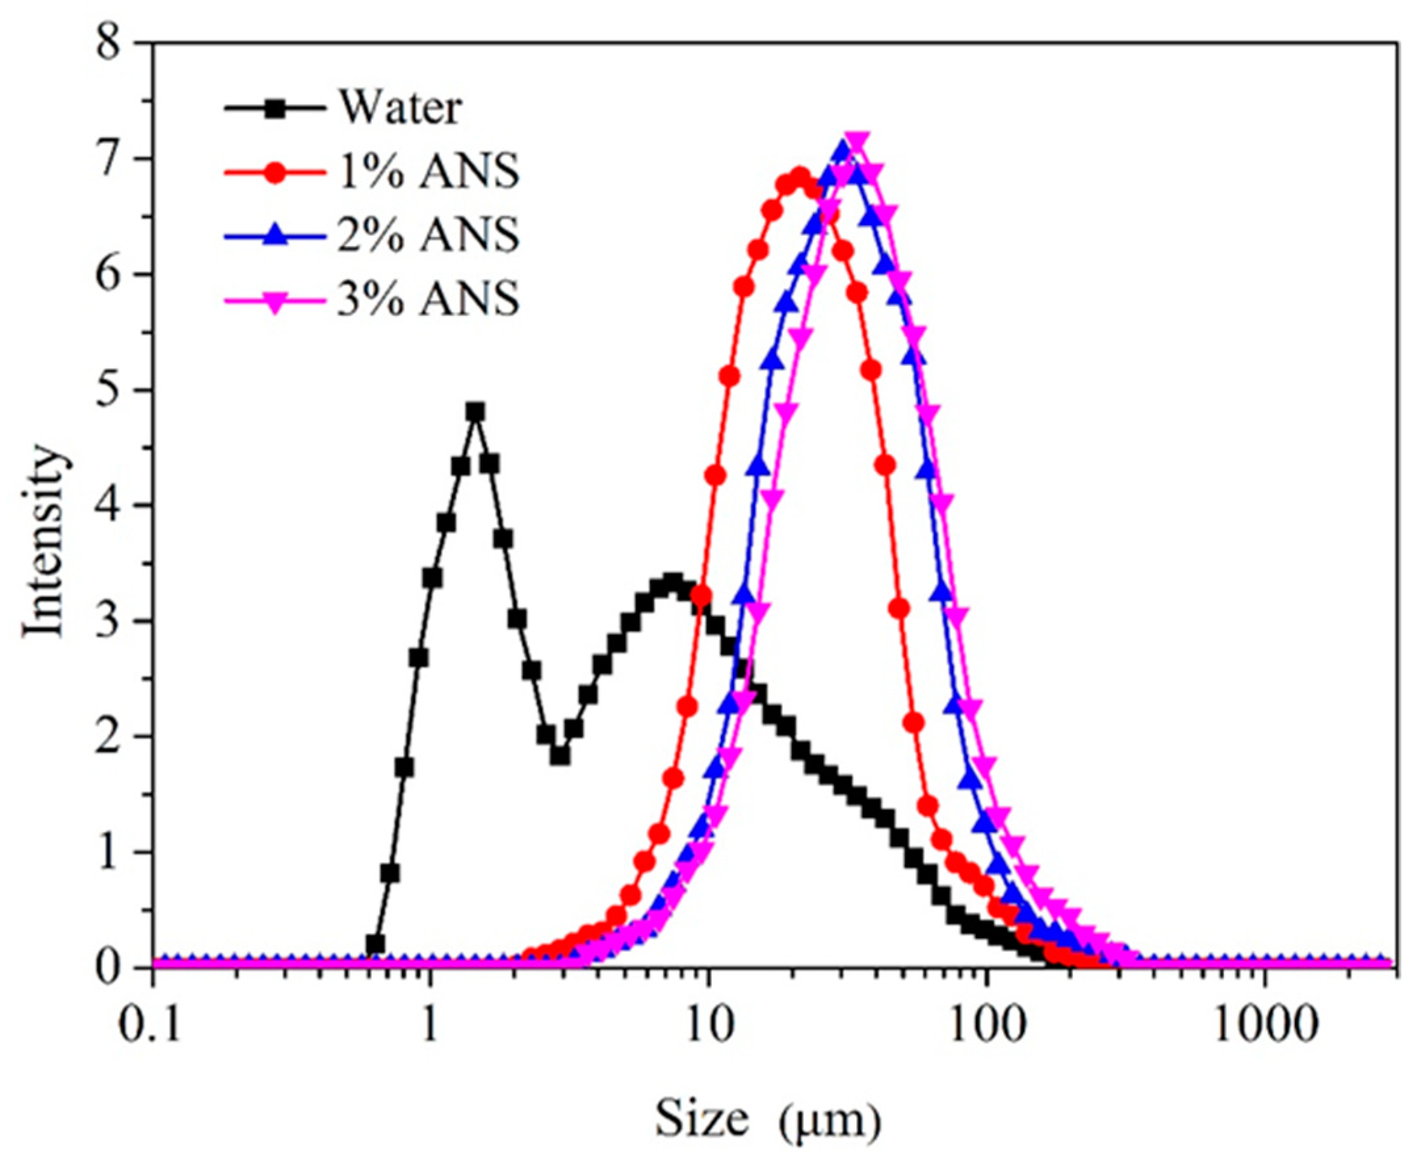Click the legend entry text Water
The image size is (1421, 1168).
[400, 108]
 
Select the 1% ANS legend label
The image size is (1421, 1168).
[428, 171]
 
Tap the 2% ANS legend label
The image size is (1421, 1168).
[428, 235]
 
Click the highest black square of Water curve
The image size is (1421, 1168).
[475, 412]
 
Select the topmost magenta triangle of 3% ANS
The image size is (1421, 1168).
[856, 141]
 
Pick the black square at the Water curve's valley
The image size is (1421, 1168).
[559, 756]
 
